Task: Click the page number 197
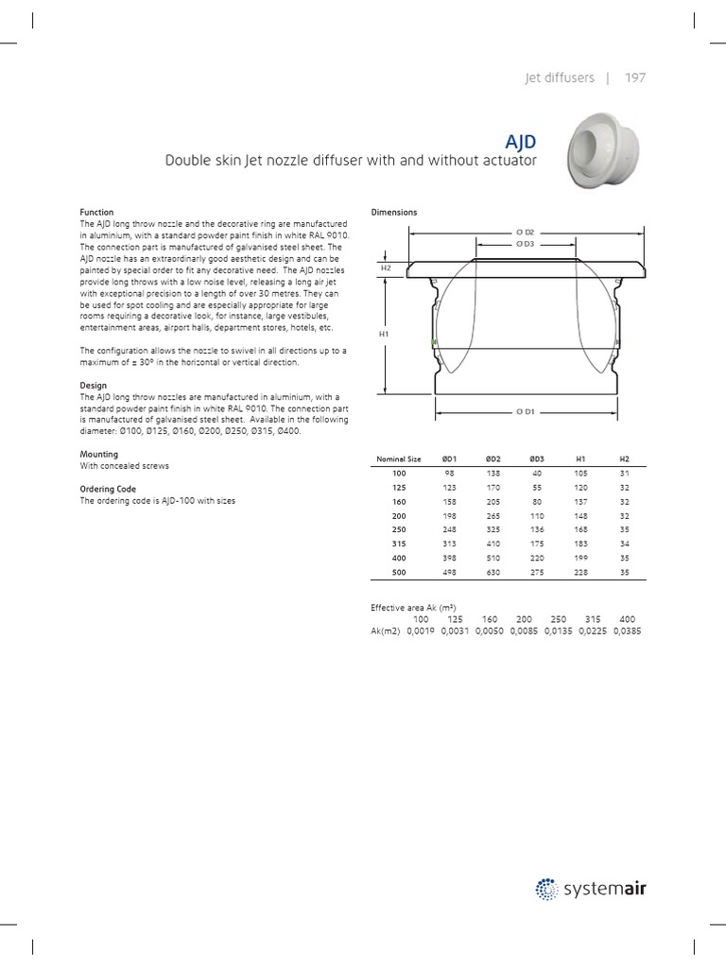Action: pyautogui.click(x=634, y=78)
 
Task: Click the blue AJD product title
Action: pyautogui.click(x=520, y=142)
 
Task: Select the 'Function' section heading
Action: pyautogui.click(x=97, y=213)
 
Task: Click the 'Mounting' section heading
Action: pyautogui.click(x=99, y=455)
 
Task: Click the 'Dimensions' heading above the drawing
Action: pyautogui.click(x=394, y=213)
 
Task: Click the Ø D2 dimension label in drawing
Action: pyautogui.click(x=525, y=232)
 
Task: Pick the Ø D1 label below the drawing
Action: pyautogui.click(x=525, y=412)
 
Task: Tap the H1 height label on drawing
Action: pyautogui.click(x=385, y=335)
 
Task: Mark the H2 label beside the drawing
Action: pyautogui.click(x=386, y=268)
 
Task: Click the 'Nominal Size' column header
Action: pyautogui.click(x=398, y=458)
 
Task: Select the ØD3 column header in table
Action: pyautogui.click(x=537, y=458)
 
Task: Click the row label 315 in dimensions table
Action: pyautogui.click(x=398, y=544)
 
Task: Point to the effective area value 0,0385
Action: pyautogui.click(x=626, y=631)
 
